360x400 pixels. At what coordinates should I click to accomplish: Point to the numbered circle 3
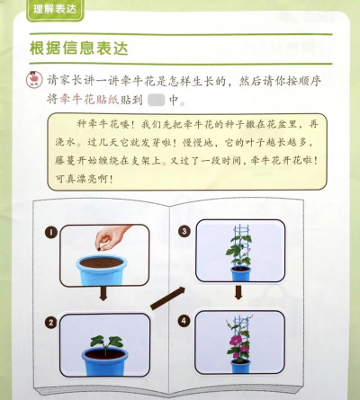click(184, 231)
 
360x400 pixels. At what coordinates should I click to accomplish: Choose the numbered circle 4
click(184, 317)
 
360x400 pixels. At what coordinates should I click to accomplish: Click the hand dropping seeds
click(112, 236)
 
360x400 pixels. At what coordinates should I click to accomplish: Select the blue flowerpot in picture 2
click(104, 361)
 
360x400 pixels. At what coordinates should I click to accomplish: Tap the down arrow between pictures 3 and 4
click(238, 292)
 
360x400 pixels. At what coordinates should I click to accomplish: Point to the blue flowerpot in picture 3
click(239, 271)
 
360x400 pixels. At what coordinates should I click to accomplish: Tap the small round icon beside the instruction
click(36, 79)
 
